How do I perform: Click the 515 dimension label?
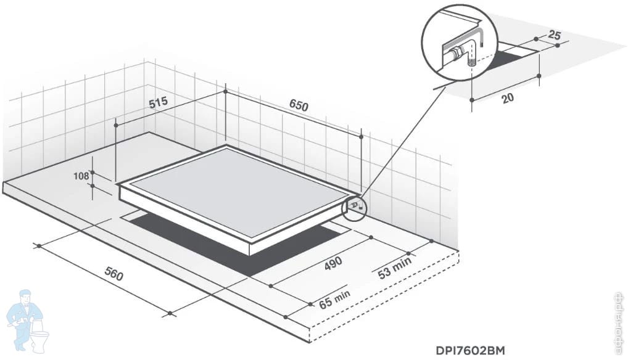tap(159, 102)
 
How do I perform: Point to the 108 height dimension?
tap(81, 176)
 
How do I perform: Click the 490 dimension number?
tap(333, 263)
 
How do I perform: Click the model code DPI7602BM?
tap(469, 351)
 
